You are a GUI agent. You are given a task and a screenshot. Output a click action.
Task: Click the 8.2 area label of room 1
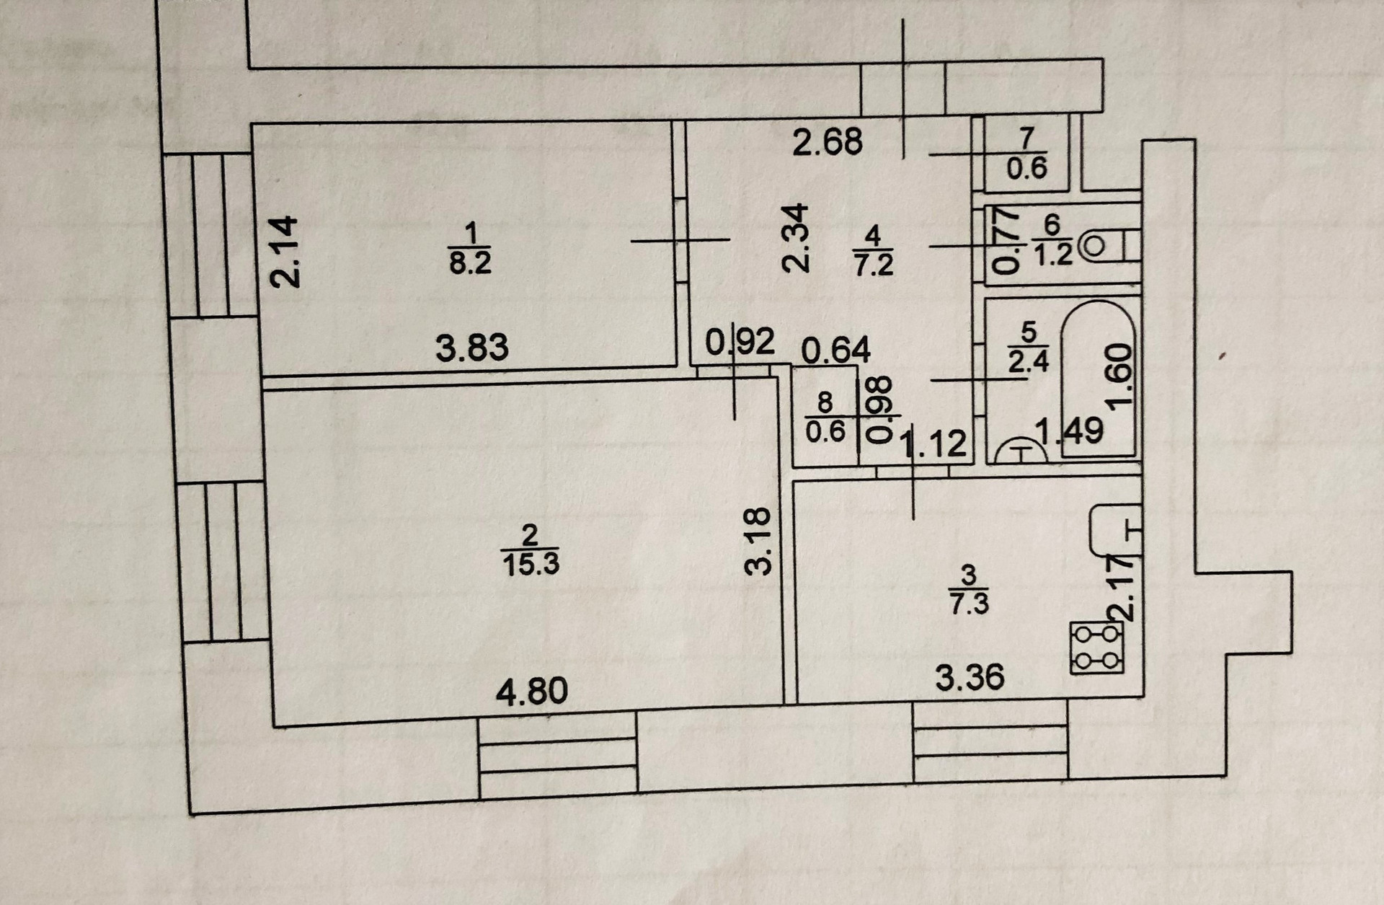pos(470,263)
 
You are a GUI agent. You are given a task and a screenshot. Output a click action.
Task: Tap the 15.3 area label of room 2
pos(531,564)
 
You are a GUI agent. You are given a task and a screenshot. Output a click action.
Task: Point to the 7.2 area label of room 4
pos(873,265)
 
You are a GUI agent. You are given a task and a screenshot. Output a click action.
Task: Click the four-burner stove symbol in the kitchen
pos(1097,648)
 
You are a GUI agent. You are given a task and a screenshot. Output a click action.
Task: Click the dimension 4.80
pos(532,692)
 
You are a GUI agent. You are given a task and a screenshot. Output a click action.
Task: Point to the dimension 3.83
pos(472,348)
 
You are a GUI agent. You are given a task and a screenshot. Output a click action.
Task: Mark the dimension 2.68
pos(827,141)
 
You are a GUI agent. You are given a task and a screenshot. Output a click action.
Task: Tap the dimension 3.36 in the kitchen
pos(970,678)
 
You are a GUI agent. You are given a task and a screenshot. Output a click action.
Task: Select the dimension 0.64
pos(836,350)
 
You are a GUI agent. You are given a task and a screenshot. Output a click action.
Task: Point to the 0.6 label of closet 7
pos(1026,168)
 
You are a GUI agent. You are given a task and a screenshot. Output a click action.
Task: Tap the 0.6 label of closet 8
pos(825,431)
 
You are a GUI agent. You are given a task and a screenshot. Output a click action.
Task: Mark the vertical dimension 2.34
pos(798,237)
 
